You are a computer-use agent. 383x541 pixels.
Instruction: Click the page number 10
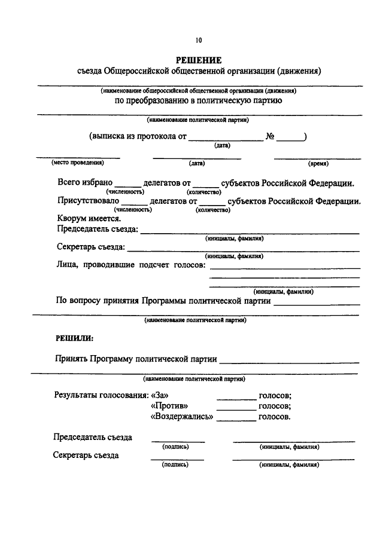(x=198, y=41)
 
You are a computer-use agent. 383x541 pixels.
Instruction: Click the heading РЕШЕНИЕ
(x=198, y=60)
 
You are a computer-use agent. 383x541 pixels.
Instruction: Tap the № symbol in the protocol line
(x=270, y=136)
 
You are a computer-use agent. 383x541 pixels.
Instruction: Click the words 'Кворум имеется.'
(x=89, y=218)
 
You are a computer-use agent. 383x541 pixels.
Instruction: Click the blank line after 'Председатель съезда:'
(x=250, y=232)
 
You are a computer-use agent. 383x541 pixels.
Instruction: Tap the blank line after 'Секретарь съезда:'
(x=242, y=249)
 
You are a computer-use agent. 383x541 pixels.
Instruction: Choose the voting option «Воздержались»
(x=182, y=417)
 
